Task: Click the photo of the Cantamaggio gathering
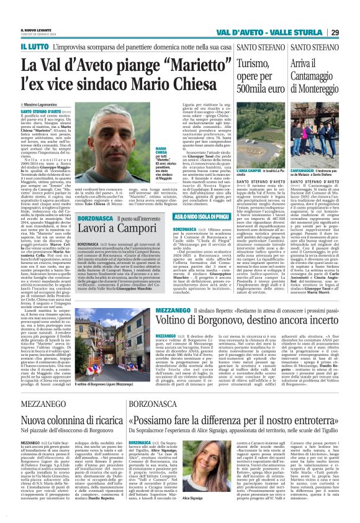pyautogui.click(x=323, y=147)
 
